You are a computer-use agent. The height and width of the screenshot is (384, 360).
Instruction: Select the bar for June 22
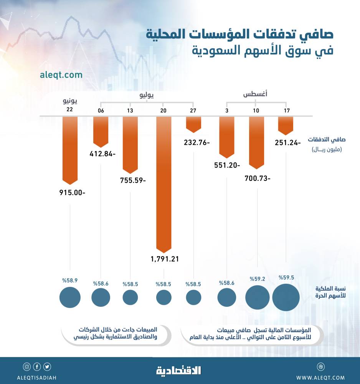pyautogui.click(x=70, y=150)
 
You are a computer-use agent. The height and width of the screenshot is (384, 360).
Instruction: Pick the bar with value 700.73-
pyautogui.click(x=257, y=142)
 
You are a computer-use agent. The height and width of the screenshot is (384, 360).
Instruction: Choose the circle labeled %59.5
pyautogui.click(x=286, y=297)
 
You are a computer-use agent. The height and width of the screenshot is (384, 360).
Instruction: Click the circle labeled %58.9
pyautogui.click(x=70, y=297)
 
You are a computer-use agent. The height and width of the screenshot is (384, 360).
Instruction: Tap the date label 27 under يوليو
pyautogui.click(x=193, y=111)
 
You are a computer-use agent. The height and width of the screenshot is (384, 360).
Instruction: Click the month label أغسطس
pyautogui.click(x=256, y=94)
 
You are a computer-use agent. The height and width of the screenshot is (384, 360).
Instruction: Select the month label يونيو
pyautogui.click(x=70, y=101)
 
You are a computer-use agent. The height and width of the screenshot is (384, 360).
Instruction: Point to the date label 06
pyautogui.click(x=101, y=111)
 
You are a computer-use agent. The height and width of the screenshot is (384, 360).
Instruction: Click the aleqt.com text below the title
pyautogui.click(x=61, y=75)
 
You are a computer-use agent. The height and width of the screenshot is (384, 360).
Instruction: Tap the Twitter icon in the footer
pyautogui.click(x=47, y=366)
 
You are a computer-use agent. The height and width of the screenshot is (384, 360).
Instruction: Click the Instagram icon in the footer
pyautogui.click(x=26, y=366)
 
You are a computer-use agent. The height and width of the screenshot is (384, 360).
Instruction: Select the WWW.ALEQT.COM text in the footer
pyautogui.click(x=320, y=378)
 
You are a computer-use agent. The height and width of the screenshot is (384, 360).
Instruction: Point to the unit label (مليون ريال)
pyautogui.click(x=326, y=149)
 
